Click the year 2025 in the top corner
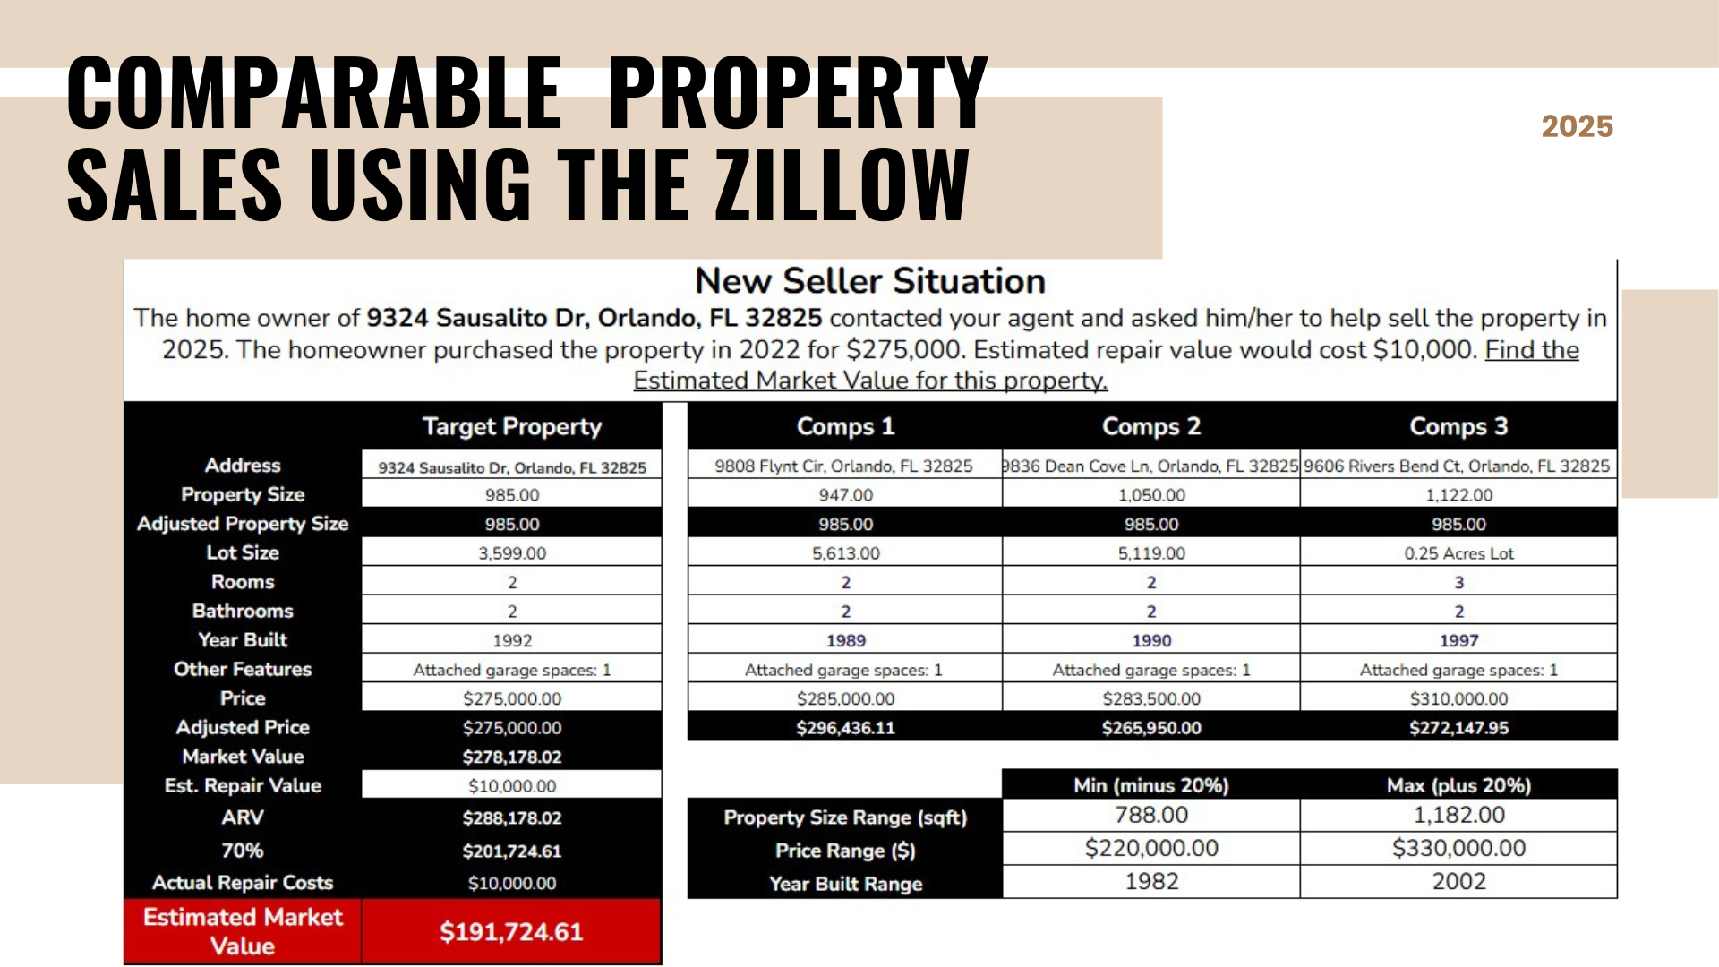tap(1577, 126)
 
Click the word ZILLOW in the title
tap(842, 184)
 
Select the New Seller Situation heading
tap(869, 281)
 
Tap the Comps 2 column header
tap(1150, 426)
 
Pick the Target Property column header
tap(511, 426)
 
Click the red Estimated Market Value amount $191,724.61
tap(511, 932)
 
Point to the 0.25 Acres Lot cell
tap(1458, 553)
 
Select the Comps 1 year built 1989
tap(845, 640)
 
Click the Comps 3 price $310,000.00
tap(1458, 698)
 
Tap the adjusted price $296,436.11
tap(845, 728)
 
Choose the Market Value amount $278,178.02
tap(511, 757)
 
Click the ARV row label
tap(243, 817)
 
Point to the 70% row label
tap(243, 851)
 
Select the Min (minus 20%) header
tap(1150, 785)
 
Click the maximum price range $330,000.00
tap(1458, 848)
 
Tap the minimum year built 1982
tap(1150, 882)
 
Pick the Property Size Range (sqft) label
tap(845, 817)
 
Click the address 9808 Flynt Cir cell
tap(843, 466)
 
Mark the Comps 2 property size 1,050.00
tap(1150, 495)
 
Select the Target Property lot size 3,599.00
tap(511, 553)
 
